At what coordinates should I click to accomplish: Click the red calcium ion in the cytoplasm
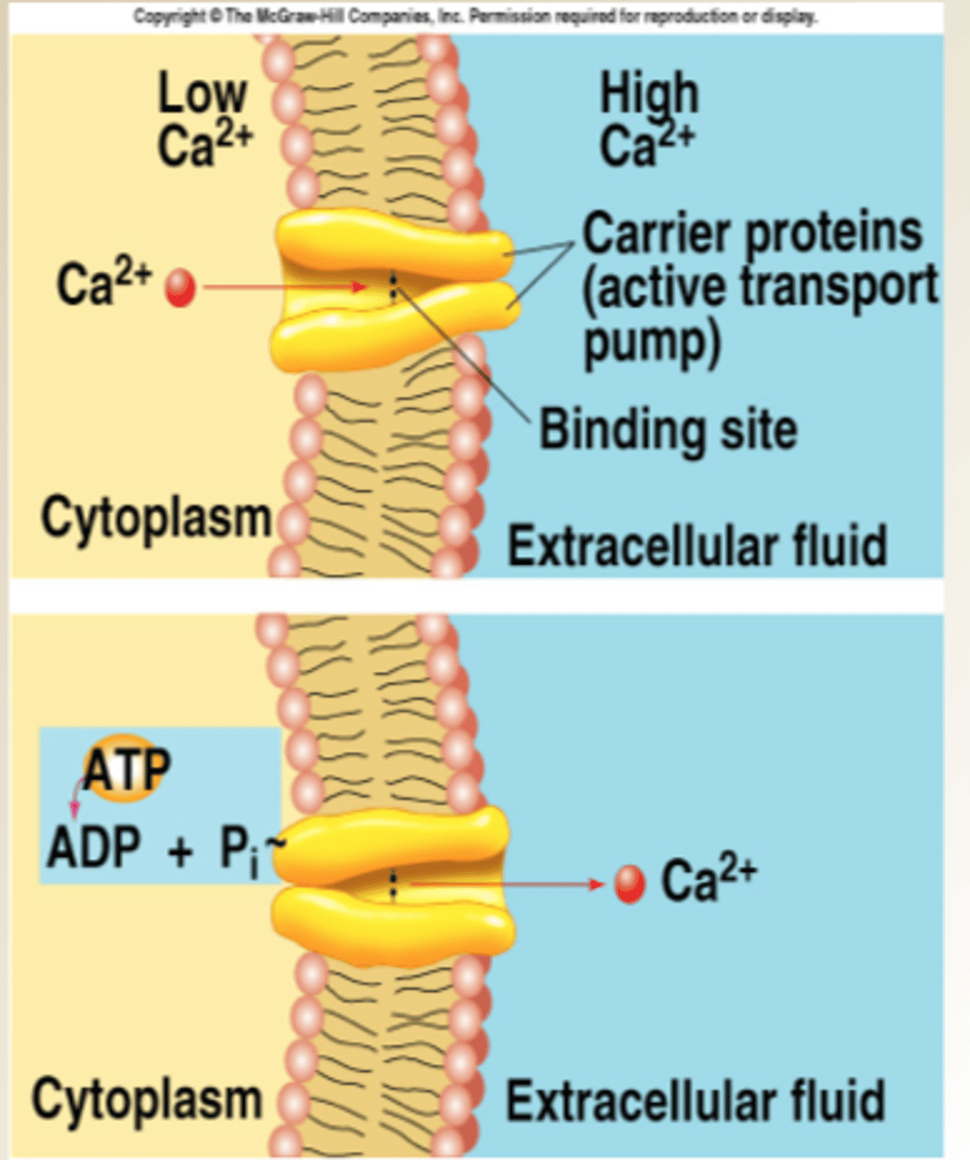[x=180, y=288]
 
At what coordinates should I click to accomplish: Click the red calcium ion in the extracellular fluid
[x=630, y=884]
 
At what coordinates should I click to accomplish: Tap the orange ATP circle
[x=125, y=768]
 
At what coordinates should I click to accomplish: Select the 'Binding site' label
[x=668, y=429]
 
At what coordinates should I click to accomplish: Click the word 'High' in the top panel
[x=649, y=95]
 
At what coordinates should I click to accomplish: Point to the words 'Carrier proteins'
[x=752, y=233]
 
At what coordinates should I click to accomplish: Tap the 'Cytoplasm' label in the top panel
[x=157, y=519]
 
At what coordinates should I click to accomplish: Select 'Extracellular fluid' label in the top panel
[x=697, y=546]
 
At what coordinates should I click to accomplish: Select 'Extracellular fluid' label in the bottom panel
[x=694, y=1101]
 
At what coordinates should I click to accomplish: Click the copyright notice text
[x=475, y=17]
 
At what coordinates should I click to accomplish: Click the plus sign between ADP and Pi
[x=180, y=851]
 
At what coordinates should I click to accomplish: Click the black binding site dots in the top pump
[x=393, y=286]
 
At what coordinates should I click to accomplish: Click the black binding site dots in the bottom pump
[x=393, y=884]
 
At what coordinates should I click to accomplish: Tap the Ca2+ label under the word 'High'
[x=646, y=146]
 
